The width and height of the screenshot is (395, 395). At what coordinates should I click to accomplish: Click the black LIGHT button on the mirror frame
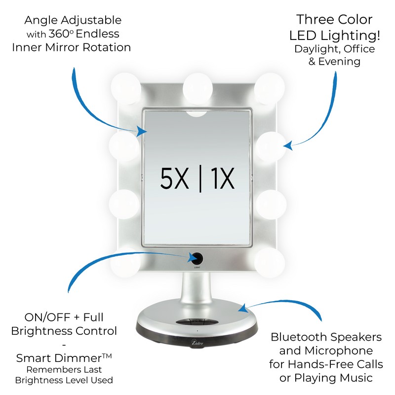[x=197, y=257]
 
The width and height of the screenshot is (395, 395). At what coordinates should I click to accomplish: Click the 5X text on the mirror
[x=175, y=179]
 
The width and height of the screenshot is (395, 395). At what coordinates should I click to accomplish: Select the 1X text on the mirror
[x=220, y=179]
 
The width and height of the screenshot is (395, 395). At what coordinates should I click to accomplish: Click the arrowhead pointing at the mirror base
[x=242, y=309]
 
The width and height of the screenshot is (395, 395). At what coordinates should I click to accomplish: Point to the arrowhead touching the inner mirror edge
[x=142, y=131]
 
